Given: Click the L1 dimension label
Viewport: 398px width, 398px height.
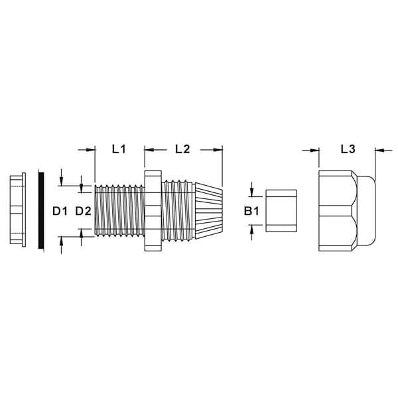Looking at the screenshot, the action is point(119,149).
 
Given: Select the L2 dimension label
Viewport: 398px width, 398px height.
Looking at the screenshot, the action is point(182,149).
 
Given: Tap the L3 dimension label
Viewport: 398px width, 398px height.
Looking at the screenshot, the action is point(348,149).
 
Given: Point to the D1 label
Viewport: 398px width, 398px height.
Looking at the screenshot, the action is point(60,211).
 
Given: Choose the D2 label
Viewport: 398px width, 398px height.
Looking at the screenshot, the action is point(84,211).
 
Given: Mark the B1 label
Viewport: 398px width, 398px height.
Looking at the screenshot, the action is point(251,211).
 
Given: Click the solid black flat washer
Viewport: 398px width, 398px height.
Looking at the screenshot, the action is point(41,210).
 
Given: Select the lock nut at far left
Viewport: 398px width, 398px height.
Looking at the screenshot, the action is point(18,210).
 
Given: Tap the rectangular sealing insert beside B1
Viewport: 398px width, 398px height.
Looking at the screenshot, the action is point(281,211).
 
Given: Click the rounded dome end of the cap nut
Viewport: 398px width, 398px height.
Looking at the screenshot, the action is point(366,211).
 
